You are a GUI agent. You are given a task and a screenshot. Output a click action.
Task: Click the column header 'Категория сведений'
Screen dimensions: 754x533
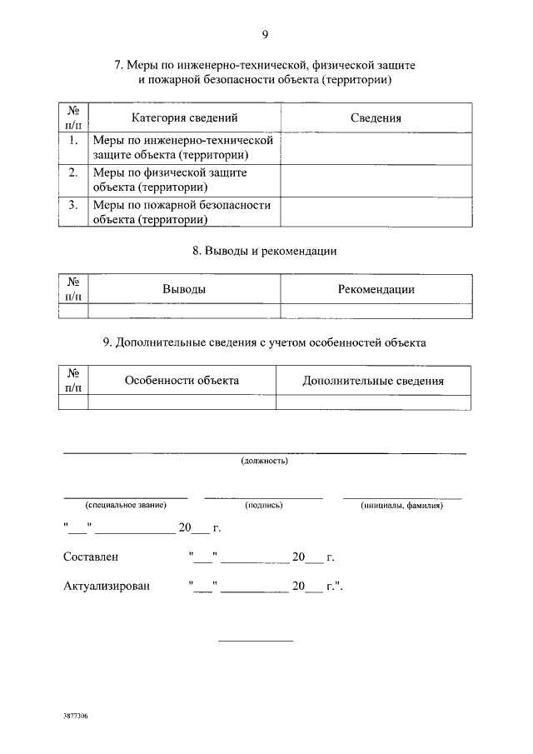[x=185, y=118]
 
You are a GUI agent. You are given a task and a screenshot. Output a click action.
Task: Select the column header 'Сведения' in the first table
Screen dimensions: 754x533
[x=376, y=118]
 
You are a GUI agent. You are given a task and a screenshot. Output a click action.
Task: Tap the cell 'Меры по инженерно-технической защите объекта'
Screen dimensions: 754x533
[x=183, y=148]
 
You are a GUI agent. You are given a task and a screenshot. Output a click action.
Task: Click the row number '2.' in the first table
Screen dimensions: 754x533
[x=73, y=172]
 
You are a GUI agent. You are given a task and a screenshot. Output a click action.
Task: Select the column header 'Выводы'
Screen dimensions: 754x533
[x=184, y=289]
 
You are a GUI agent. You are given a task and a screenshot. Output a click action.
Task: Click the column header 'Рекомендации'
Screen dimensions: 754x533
[x=376, y=289]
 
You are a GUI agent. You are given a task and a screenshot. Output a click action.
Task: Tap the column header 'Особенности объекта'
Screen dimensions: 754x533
[x=182, y=380]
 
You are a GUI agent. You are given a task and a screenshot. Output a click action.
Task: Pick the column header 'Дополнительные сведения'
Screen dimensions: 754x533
[x=372, y=381]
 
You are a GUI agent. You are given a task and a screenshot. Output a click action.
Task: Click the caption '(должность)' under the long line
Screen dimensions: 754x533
[x=264, y=460]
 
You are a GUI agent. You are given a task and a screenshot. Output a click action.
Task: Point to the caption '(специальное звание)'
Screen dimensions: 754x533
[x=126, y=505]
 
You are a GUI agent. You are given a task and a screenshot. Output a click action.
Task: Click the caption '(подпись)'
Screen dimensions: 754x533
[x=264, y=505]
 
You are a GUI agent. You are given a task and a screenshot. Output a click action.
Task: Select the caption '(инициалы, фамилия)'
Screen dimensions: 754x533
[x=401, y=505]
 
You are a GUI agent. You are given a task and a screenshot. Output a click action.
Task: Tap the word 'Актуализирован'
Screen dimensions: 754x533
[x=107, y=586]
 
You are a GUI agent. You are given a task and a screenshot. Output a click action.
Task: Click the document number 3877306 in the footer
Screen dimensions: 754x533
[x=75, y=716]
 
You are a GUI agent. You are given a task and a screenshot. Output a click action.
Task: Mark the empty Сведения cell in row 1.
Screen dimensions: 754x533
[x=376, y=148]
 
